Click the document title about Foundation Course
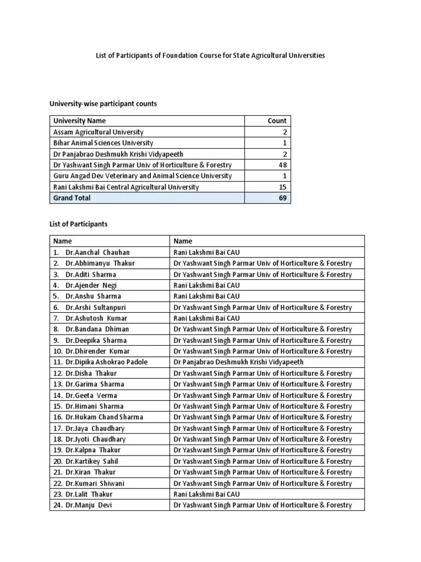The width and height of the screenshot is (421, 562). coord(210,55)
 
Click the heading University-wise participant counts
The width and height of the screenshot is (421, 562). coord(104,104)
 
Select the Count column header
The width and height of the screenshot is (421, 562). coord(277,121)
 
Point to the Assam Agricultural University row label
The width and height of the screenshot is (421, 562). coord(98,132)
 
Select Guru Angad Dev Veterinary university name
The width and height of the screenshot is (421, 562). coord(142,176)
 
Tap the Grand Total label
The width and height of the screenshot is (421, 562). coord(72,198)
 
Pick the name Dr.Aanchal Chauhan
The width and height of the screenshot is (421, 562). coord(98,252)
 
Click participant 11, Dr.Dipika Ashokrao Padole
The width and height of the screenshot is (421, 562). coord(106,362)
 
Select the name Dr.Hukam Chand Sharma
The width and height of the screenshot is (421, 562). coord(104,417)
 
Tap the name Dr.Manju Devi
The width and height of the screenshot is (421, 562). coord(89,505)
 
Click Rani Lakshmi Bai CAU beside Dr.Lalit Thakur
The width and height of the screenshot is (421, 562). coord(207,494)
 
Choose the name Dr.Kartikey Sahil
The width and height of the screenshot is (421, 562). coord(92,461)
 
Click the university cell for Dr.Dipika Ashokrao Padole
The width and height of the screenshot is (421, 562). coord(238,362)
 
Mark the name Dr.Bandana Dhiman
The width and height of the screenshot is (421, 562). coord(97,329)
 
